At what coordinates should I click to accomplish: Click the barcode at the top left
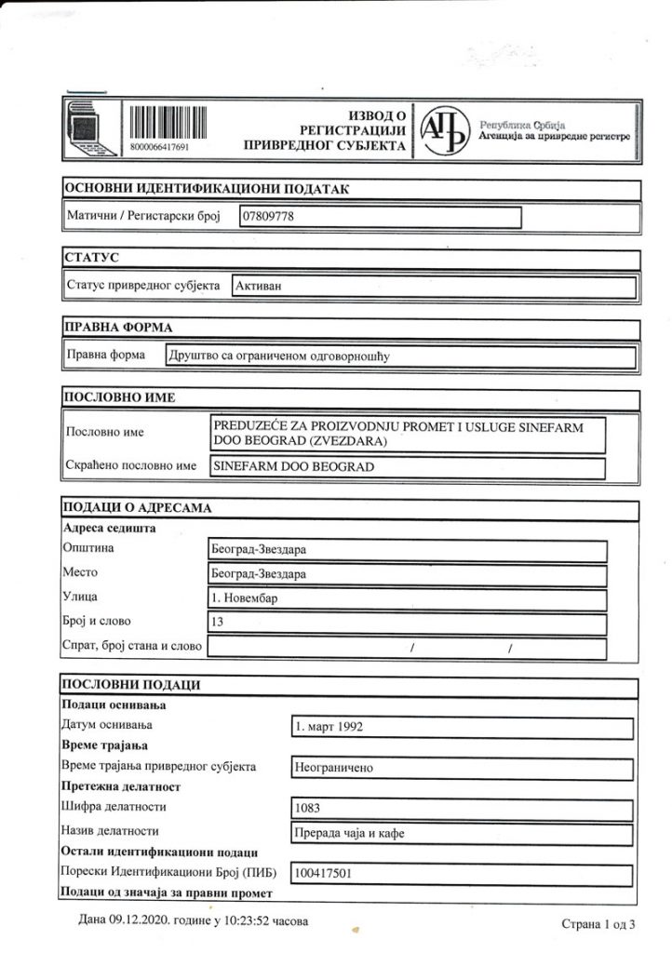pyautogui.click(x=165, y=126)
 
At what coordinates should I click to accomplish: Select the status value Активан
pyautogui.click(x=258, y=286)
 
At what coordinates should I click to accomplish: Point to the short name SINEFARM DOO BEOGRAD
pyautogui.click(x=293, y=466)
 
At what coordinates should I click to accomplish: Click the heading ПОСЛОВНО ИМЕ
pyautogui.click(x=119, y=397)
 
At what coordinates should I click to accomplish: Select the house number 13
pyautogui.click(x=220, y=623)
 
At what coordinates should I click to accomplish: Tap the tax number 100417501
pyautogui.click(x=322, y=874)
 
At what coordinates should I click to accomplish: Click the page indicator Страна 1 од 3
pyautogui.click(x=598, y=925)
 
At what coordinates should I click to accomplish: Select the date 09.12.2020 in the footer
pyautogui.click(x=132, y=920)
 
